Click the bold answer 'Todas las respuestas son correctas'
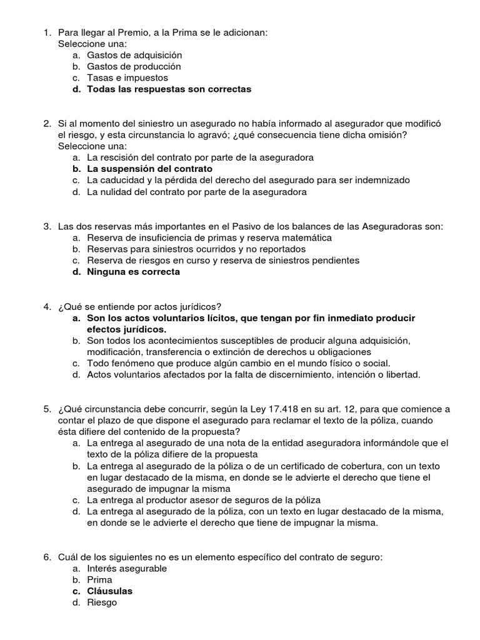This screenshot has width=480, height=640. [169, 89]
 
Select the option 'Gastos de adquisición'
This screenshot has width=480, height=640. [134, 55]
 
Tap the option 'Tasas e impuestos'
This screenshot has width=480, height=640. [127, 78]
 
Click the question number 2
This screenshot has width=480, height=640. [47, 124]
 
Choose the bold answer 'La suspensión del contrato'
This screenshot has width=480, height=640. [149, 169]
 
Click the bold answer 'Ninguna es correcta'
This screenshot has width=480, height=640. [133, 272]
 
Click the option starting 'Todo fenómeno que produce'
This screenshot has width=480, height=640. [238, 363]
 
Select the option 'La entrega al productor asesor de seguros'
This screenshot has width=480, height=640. [204, 500]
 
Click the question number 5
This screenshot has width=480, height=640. [47, 409]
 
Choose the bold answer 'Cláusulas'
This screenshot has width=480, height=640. [110, 591]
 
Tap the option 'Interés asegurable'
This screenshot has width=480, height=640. [127, 568]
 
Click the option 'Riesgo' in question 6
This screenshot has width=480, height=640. [102, 602]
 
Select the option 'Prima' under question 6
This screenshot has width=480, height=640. [100, 579]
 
